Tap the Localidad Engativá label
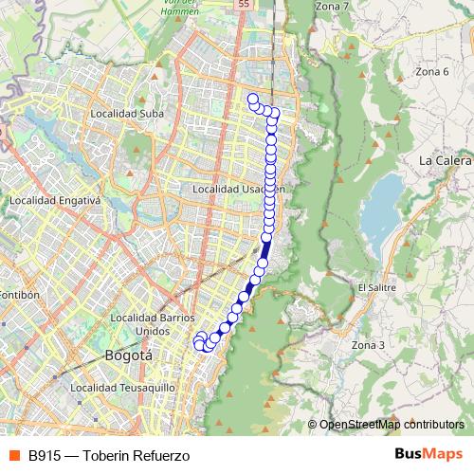click(54, 201)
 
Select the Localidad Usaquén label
click(238, 190)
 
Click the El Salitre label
click(376, 286)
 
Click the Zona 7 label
click(332, 7)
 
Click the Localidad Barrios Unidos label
click(153, 323)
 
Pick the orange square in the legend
click(14, 455)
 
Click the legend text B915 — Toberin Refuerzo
click(109, 455)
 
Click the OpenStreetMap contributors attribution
click(392, 425)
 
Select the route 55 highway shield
click(245, 5)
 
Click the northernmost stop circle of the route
click(253, 99)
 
